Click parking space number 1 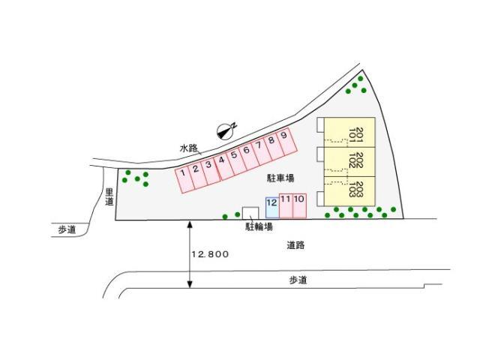coord(184,180)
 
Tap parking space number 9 coord(286,142)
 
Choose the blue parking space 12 coord(272,208)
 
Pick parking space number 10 coord(300,205)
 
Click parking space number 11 coord(286,205)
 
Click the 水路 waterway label coord(188,148)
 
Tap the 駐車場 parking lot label coord(280,178)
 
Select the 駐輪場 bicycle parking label coord(259,226)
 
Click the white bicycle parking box coord(250,213)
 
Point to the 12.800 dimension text coord(210,254)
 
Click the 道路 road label coord(295,245)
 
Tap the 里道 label coord(109,196)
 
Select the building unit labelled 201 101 coord(349,132)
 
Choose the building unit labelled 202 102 coord(349,162)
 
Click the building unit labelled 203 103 coord(349,191)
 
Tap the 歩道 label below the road coord(298,280)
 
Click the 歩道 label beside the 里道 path coord(67,229)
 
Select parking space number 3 coord(210,170)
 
